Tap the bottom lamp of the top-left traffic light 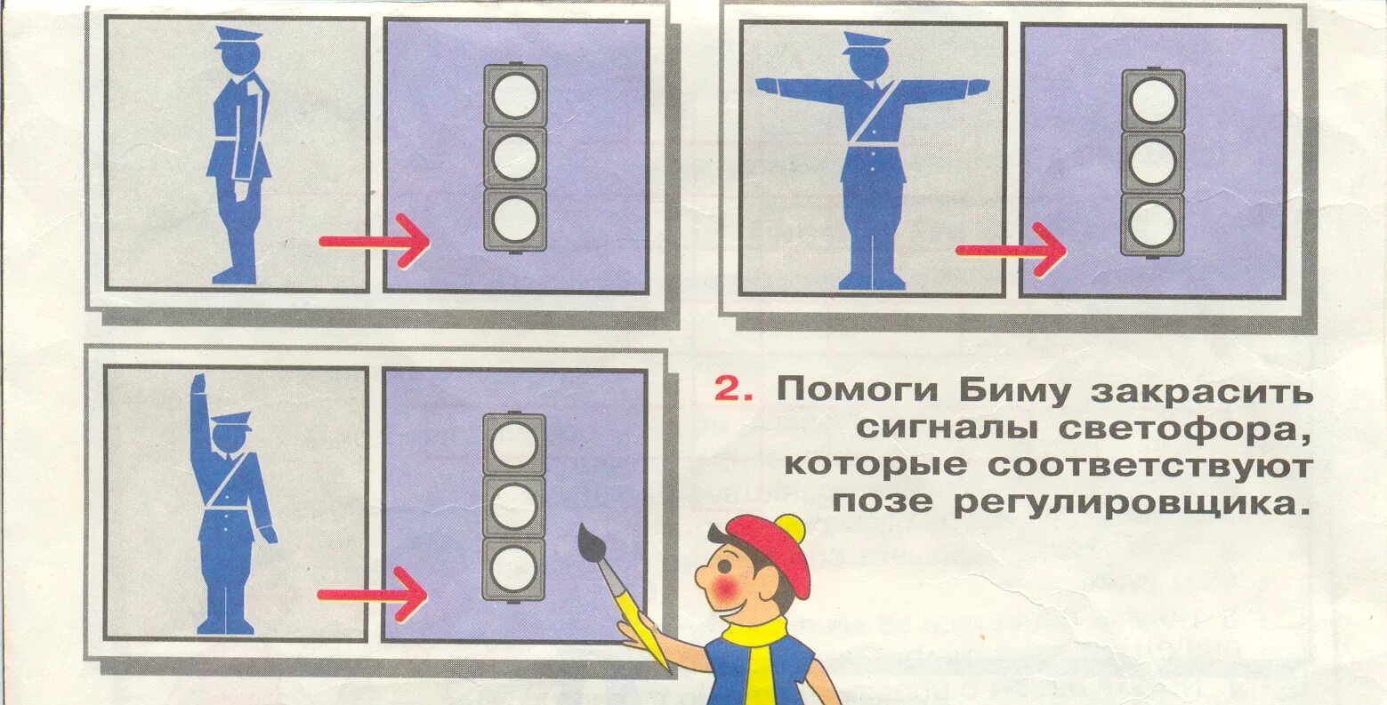tap(515, 220)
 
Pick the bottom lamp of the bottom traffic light tap(514, 568)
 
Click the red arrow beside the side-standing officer tap(374, 241)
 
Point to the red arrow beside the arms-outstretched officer tap(1011, 250)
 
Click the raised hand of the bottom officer tap(198, 387)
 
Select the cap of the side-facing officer tap(238, 37)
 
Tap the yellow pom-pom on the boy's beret tap(791, 528)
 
